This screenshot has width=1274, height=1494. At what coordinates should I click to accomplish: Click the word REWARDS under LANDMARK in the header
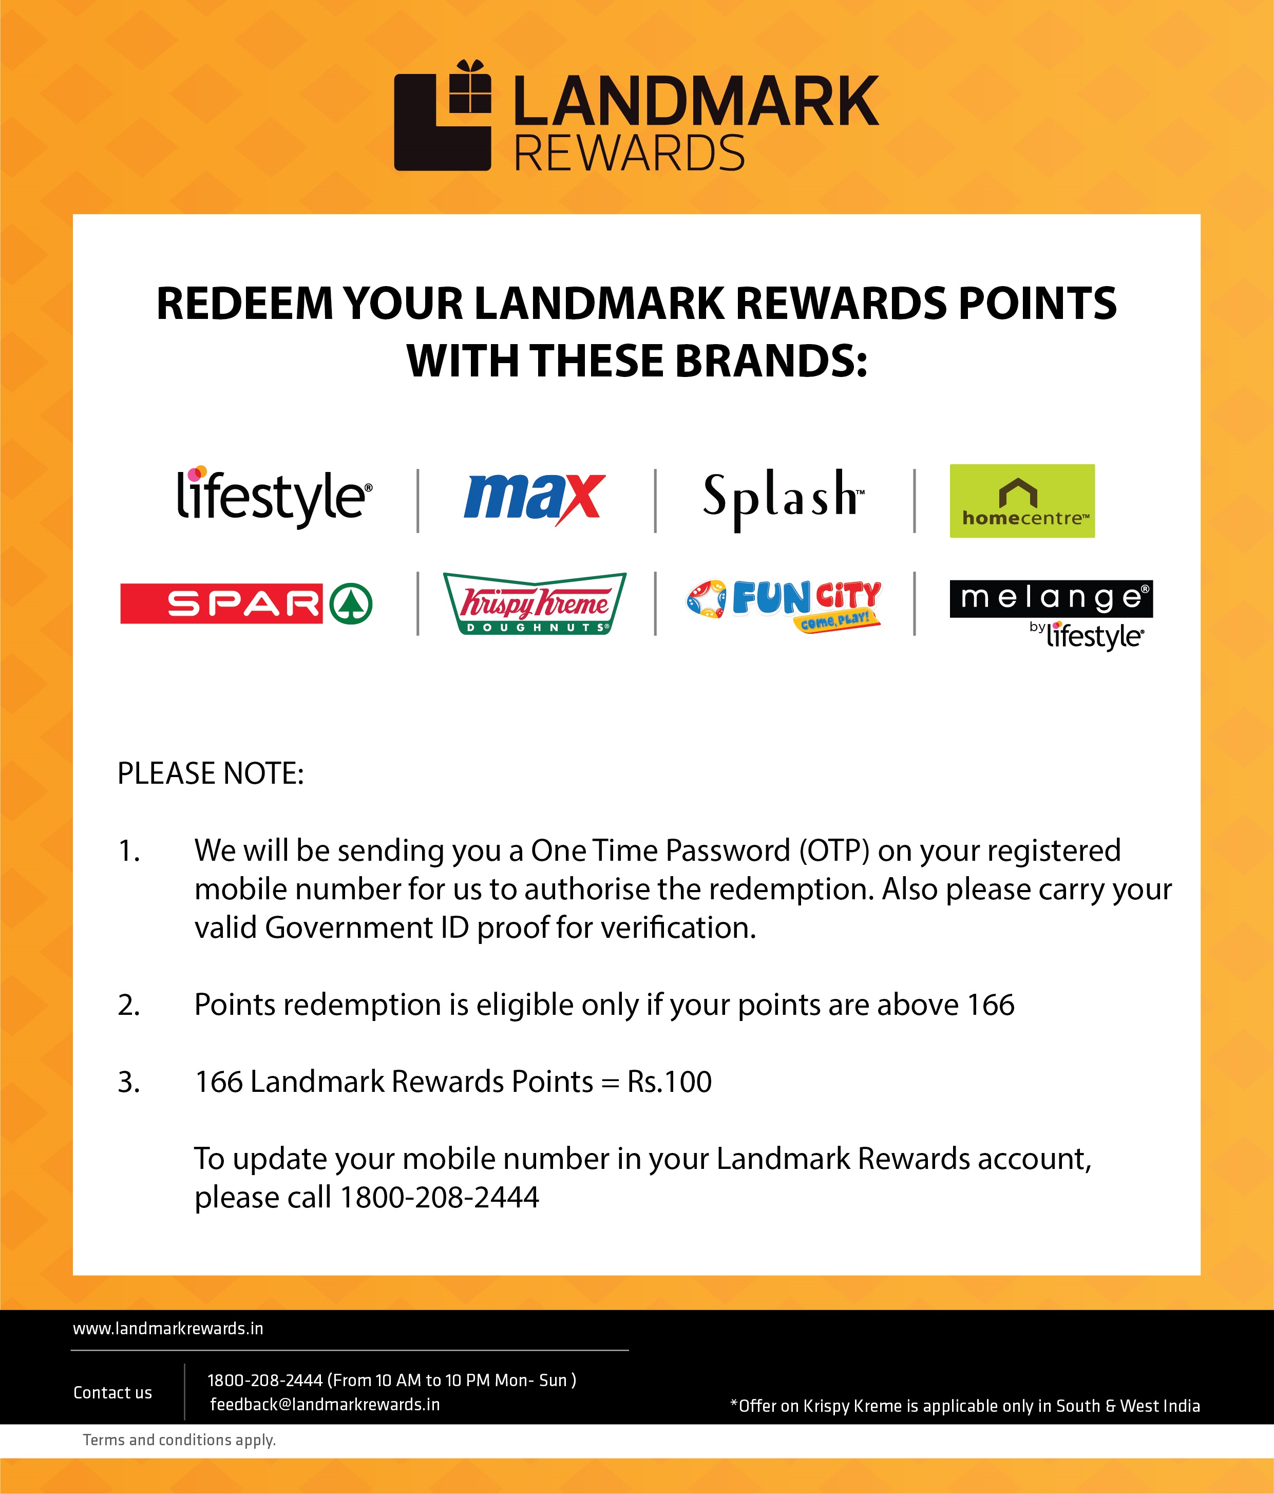(x=629, y=153)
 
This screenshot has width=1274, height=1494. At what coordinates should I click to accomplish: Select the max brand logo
(x=534, y=498)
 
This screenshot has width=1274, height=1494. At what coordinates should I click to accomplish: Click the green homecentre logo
(x=1022, y=500)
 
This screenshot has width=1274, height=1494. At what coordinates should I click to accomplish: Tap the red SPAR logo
(x=221, y=603)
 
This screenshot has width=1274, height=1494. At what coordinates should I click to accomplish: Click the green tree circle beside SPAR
(x=351, y=603)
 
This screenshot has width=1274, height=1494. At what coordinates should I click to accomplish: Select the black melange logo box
(x=1051, y=598)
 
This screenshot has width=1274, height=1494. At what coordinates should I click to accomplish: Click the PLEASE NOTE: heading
(x=211, y=773)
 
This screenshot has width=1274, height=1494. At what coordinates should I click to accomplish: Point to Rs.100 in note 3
(x=669, y=1082)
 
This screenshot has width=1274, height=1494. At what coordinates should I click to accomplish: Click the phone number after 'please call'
(x=439, y=1198)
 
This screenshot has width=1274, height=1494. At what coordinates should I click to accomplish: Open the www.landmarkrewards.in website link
(x=168, y=1329)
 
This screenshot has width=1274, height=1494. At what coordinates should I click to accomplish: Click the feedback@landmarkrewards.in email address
(x=325, y=1405)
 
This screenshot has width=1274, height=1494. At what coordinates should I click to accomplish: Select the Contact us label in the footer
(x=112, y=1393)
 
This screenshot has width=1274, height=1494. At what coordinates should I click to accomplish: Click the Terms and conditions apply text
(x=180, y=1440)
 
